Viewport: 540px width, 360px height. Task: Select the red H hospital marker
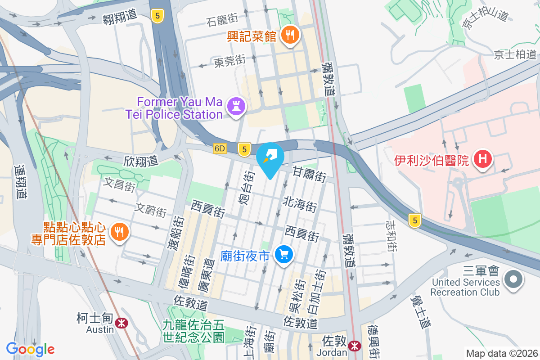point(483,159)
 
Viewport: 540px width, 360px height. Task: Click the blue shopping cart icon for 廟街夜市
point(284,255)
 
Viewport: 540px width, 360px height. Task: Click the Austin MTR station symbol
point(121,323)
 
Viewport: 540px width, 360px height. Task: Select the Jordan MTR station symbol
point(355,346)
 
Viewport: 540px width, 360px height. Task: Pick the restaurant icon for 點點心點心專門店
point(119,232)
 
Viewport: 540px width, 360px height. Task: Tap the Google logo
point(30,349)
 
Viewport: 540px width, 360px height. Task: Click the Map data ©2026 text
point(501,353)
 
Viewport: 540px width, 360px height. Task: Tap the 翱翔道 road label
point(119,15)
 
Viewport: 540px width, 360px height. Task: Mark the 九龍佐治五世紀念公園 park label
point(193,330)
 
